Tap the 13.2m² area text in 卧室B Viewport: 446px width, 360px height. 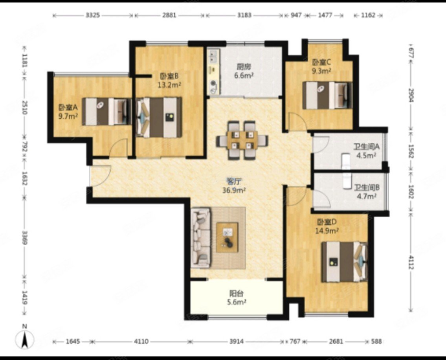coord(169,85)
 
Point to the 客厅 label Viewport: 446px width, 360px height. coord(233,181)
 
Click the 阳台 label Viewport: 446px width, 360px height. coord(237,293)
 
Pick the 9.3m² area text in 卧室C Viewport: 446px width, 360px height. coord(321,71)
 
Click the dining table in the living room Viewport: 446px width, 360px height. coord(242,140)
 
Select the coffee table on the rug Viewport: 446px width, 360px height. coord(227,237)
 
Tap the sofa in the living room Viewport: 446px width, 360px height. coord(200,238)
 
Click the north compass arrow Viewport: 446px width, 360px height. coord(25,340)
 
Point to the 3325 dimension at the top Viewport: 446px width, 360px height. coord(93,15)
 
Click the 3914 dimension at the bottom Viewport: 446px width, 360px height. coord(237,341)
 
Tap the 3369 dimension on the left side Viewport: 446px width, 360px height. coord(25,238)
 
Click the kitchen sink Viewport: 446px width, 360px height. coord(214,56)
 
